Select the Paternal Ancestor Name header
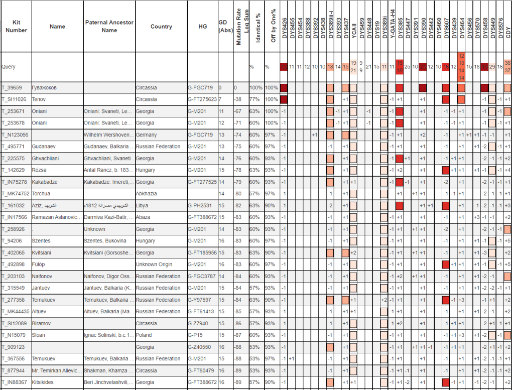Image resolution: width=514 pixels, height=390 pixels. (x=108, y=27)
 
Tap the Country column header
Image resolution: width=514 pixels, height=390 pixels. (x=161, y=27)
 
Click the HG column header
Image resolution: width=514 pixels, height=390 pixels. (x=202, y=27)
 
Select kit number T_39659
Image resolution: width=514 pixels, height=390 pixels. (x=13, y=88)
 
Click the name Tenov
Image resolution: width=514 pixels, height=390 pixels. (x=39, y=99)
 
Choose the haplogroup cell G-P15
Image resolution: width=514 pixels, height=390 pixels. (x=195, y=335)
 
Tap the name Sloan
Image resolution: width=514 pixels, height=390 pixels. (x=39, y=335)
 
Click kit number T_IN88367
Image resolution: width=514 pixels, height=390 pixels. (x=15, y=382)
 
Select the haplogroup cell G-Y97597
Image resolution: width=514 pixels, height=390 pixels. (x=200, y=300)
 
